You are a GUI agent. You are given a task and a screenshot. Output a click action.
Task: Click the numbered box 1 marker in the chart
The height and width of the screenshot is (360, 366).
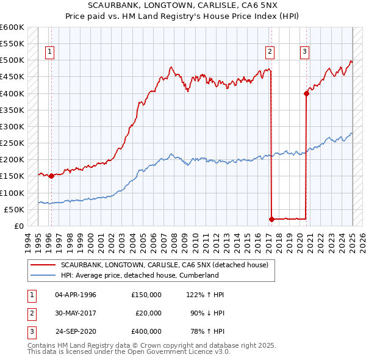pos(49,52)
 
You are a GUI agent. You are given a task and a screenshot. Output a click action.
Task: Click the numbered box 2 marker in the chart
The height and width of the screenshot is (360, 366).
pos(270,52)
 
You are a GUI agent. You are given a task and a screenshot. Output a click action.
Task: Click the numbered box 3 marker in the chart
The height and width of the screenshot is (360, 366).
pos(304,52)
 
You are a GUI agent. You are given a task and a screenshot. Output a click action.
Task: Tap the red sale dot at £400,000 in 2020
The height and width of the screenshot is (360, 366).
pos(306,93)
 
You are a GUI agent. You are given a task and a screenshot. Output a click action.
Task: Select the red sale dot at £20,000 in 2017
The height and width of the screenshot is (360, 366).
pos(271,218)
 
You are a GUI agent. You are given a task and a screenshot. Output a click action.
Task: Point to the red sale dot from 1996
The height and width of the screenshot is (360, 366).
pos(51,176)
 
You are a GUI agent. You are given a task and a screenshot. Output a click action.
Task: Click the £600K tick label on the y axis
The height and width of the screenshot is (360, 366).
pos(12,27)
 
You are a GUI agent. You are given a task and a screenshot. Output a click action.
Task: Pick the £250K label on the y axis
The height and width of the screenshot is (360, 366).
pos(12,143)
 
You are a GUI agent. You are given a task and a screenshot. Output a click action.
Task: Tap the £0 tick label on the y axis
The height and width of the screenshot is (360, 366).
pos(19,226)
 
